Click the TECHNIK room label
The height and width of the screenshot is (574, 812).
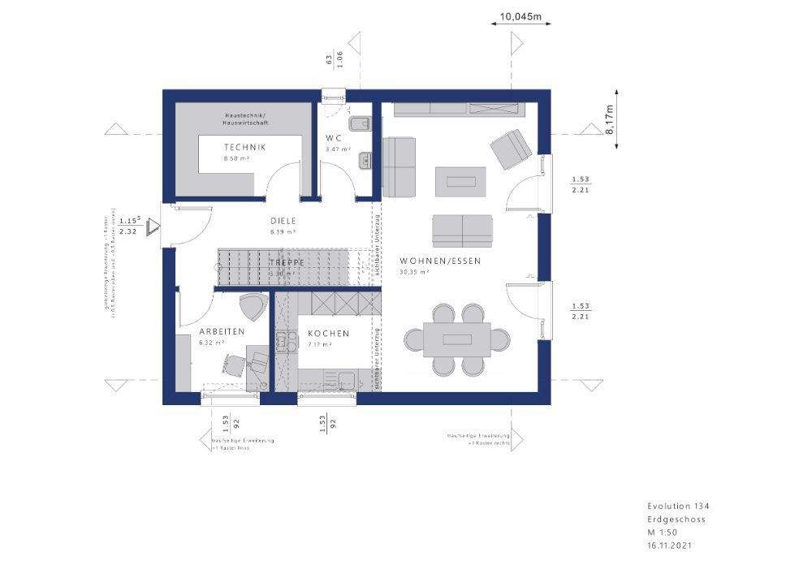click(244, 147)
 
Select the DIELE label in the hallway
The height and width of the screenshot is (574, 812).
click(283, 221)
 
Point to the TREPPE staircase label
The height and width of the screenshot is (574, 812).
click(287, 263)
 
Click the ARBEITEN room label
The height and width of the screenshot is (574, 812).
click(222, 331)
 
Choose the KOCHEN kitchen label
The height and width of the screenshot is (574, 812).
click(328, 333)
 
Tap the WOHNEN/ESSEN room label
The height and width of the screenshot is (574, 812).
click(440, 261)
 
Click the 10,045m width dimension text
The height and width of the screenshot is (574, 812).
click(520, 15)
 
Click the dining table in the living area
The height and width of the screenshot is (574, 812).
click(457, 339)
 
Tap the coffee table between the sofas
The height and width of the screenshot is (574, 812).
click(460, 180)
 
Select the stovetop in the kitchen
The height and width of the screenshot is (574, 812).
click(284, 341)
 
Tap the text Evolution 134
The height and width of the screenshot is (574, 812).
click(678, 506)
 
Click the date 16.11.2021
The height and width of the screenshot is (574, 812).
click(671, 546)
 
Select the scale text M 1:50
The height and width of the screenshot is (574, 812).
click(662, 533)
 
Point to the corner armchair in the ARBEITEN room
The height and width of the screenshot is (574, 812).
click(253, 307)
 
